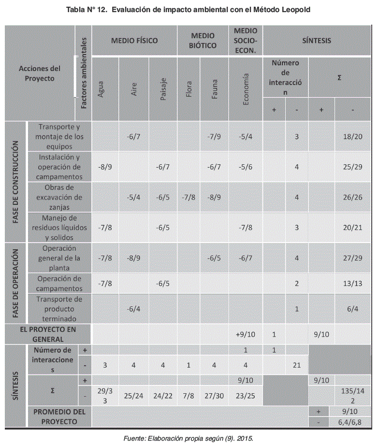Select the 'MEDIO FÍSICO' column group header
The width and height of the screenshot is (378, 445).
(x=134, y=41)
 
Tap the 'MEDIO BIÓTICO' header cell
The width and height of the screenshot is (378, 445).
(x=203, y=41)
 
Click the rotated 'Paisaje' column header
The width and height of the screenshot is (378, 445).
(x=163, y=90)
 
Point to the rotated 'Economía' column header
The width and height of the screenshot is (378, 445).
(x=246, y=90)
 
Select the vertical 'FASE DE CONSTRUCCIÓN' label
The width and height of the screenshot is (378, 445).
(x=15, y=182)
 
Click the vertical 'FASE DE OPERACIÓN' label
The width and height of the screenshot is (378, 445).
(x=15, y=283)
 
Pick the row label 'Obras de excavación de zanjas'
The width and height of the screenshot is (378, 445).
(x=60, y=197)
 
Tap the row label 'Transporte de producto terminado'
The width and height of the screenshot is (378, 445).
(x=60, y=309)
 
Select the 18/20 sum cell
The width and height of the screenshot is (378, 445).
(x=353, y=136)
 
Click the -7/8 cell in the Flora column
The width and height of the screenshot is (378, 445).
(x=189, y=197)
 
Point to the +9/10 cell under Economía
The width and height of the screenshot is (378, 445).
(x=246, y=334)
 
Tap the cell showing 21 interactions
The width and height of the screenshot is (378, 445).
(x=297, y=365)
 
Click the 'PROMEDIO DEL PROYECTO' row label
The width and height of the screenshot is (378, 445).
(x=60, y=416)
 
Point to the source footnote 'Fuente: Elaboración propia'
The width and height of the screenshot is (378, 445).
(x=189, y=438)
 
